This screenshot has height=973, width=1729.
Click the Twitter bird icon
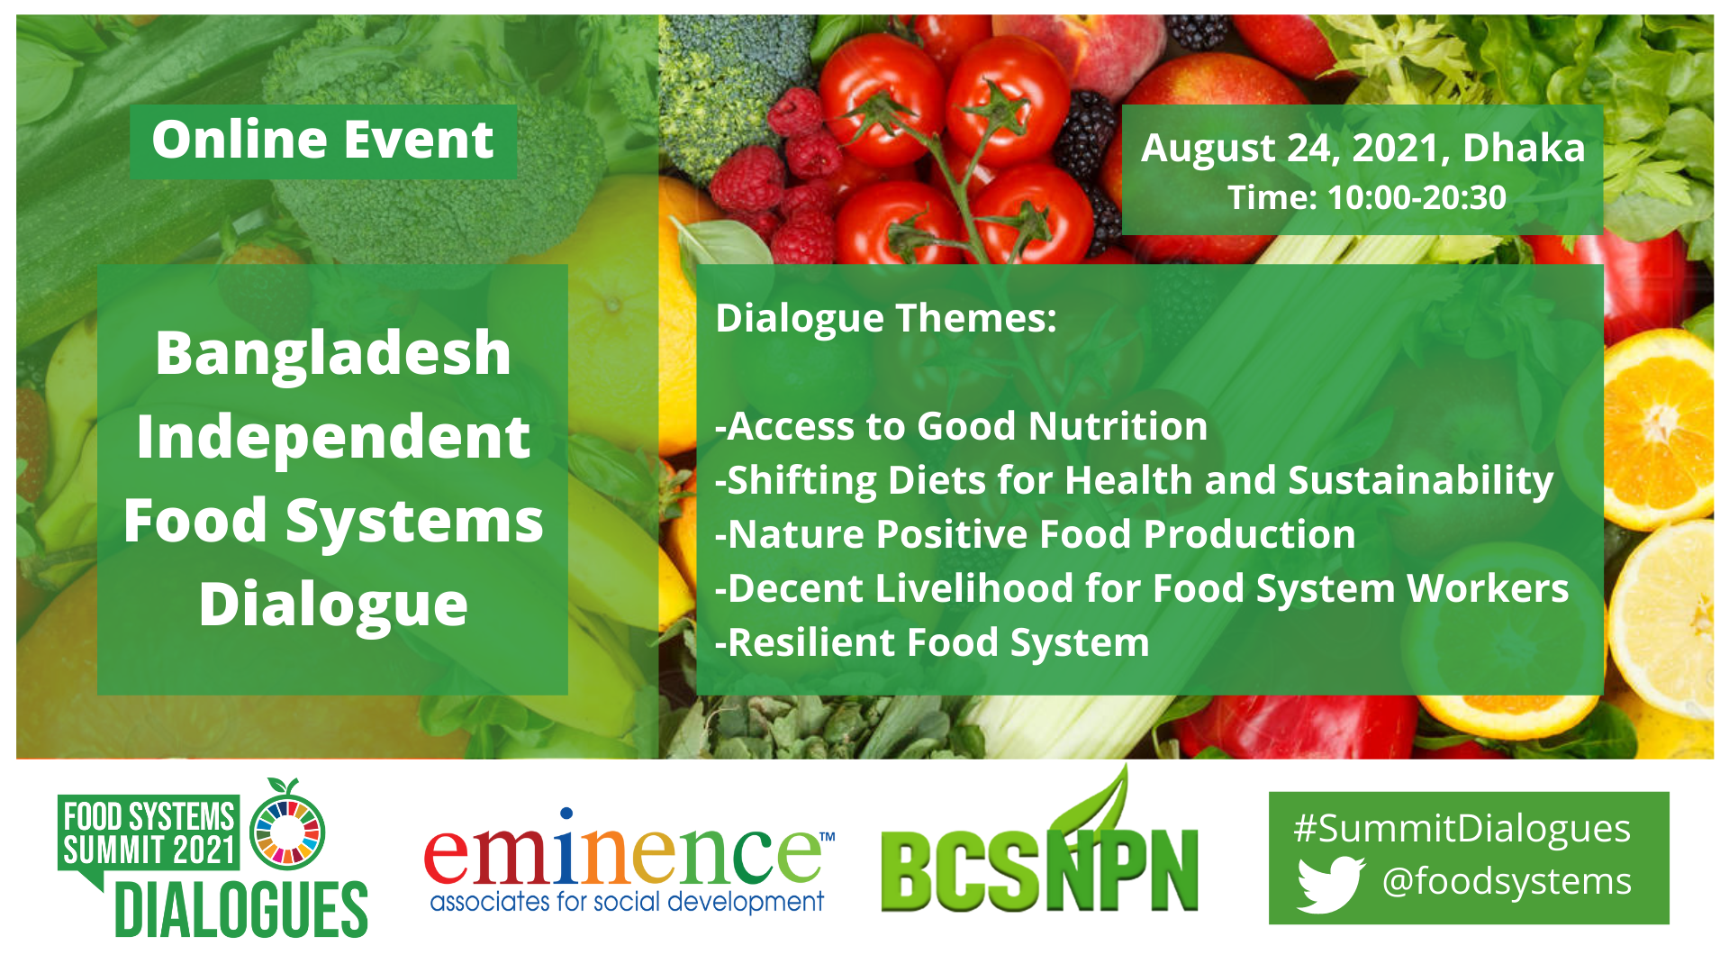(1330, 883)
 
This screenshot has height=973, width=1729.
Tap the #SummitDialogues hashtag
(1462, 828)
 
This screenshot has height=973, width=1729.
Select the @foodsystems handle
(1506, 881)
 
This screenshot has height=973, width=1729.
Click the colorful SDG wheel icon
(287, 832)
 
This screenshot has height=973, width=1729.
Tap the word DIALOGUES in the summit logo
(241, 910)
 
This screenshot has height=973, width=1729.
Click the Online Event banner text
(322, 141)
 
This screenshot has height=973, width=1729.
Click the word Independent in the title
(332, 437)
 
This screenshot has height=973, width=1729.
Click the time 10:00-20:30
(1416, 198)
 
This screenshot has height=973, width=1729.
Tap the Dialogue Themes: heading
(885, 318)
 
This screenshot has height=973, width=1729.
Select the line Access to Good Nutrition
(962, 426)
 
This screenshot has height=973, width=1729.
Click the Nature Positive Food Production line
(1036, 534)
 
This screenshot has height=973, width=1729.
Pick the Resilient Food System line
(933, 642)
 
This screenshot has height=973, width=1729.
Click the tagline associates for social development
(627, 902)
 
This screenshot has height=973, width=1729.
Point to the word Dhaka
(1523, 149)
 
